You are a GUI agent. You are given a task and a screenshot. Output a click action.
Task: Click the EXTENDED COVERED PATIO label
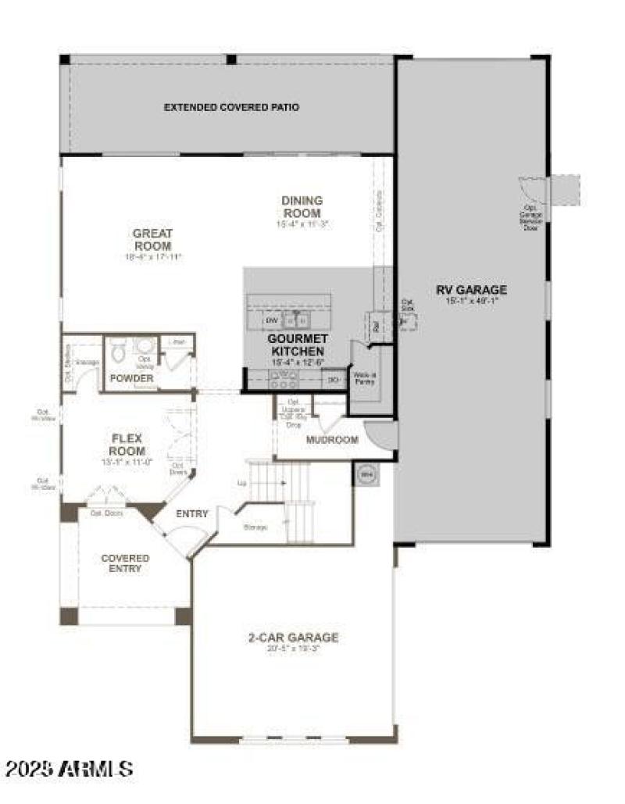coord(231,107)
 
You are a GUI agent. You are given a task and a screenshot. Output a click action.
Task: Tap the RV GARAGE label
coord(471,290)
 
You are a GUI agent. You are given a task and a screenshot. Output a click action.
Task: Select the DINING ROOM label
coord(302,206)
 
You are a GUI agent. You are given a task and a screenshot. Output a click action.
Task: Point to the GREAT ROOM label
coord(152,239)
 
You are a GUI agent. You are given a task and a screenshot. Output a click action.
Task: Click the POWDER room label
coord(131,378)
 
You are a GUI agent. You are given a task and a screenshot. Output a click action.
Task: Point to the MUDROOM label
coord(332,440)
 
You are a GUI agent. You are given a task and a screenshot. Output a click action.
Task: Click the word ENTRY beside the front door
coord(192,513)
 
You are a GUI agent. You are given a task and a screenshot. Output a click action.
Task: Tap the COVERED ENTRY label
coord(125,563)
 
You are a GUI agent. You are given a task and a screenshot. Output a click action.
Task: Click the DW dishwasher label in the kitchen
coord(271,320)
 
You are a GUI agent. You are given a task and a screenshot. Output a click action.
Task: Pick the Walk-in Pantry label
coord(364,378)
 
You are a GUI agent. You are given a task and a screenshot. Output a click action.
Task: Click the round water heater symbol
coord(365,473)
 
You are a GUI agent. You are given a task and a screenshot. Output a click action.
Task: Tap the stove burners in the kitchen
coord(283,379)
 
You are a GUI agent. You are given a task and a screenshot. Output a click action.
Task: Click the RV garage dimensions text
coord(471,301)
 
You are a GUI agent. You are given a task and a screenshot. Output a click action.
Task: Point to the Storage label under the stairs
coord(255,527)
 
